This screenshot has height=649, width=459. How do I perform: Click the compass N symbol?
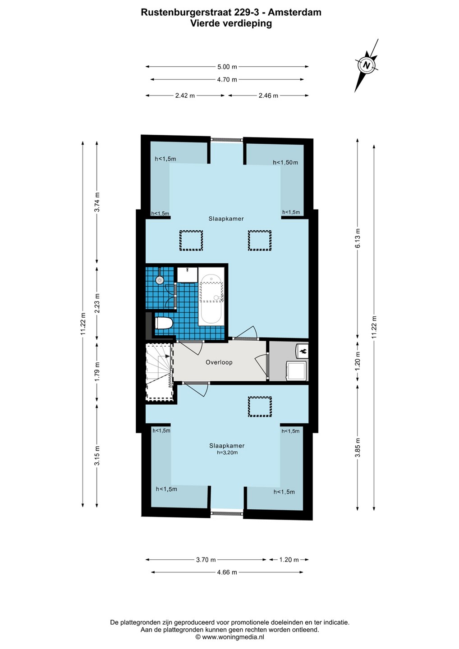366,65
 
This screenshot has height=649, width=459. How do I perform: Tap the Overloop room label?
219,362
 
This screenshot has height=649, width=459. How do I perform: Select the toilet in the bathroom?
164,323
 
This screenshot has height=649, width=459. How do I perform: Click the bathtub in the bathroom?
211,299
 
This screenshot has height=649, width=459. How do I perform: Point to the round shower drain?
160,279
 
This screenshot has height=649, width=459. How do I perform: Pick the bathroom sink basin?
187,274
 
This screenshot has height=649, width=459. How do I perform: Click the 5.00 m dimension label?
227,67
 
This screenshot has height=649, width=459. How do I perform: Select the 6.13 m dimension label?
358,238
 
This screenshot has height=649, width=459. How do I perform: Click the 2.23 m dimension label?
97,303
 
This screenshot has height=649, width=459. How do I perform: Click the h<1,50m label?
285,162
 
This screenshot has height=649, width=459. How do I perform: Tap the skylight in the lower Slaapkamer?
260,407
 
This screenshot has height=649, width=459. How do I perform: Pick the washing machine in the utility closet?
296,371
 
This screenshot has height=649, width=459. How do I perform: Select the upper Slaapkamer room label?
226,219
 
